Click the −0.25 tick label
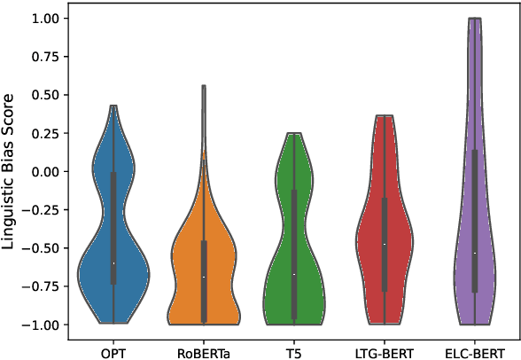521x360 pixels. coord(43,209)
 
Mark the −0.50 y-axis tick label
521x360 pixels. coord(43,248)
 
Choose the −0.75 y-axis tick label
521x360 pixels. coord(43,286)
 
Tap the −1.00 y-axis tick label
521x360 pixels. coord(43,325)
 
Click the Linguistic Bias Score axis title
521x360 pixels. coord(11,171)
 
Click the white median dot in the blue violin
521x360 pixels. coord(113,263)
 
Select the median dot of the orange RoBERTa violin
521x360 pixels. coord(204,277)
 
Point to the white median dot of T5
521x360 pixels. coord(294,274)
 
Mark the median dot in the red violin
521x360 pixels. coord(385,244)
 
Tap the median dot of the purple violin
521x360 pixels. coord(475,253)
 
